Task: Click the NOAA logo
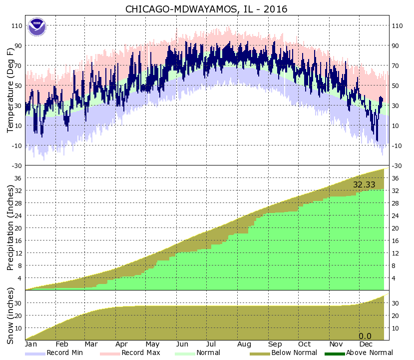[x=37, y=27]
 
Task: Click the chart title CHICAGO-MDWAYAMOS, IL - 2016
[x=206, y=8]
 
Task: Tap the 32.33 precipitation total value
[x=365, y=184]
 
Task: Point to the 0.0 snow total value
[x=365, y=336]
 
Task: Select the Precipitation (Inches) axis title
[x=9, y=227]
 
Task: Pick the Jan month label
[x=31, y=344]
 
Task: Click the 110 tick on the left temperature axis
[x=16, y=25]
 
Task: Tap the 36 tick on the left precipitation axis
[x=18, y=178]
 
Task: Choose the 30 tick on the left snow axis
[x=18, y=303]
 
